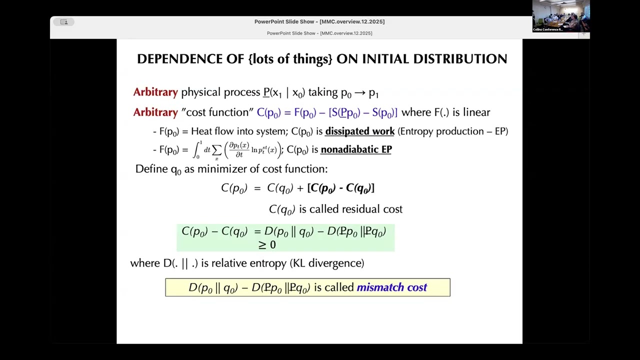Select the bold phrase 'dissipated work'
(359, 131)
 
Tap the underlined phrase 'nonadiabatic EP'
(356, 149)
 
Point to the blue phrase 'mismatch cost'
(391, 287)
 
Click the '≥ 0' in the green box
(267, 244)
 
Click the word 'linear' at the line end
(476, 112)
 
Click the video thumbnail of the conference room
(560, 16)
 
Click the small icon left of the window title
(64, 22)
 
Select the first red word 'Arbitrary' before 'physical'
(155, 92)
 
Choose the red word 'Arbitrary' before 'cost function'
(155, 112)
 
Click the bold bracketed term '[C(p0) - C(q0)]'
(340, 188)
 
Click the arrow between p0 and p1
(360, 93)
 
